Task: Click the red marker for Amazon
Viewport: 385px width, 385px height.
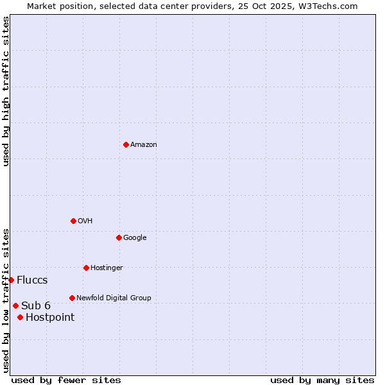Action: click(126, 144)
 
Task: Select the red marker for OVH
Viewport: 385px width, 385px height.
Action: click(73, 221)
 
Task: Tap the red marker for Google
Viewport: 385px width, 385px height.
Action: click(119, 237)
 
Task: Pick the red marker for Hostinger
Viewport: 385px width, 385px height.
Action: click(86, 268)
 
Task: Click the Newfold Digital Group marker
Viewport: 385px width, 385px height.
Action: click(72, 298)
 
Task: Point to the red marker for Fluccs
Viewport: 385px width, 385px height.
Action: click(11, 280)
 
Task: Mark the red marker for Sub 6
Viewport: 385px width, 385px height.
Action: click(15, 305)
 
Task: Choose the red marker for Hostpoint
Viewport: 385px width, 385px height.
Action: click(20, 317)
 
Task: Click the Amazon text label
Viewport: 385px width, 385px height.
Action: click(144, 144)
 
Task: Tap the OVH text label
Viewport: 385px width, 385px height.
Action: click(85, 221)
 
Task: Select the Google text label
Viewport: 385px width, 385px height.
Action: click(135, 237)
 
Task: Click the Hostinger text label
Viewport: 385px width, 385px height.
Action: click(107, 268)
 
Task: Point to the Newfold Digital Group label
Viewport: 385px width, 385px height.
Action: click(114, 298)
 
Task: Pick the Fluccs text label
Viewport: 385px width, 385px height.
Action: click(32, 280)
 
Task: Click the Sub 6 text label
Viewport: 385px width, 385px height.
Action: click(36, 305)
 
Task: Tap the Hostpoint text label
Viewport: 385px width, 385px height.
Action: click(50, 317)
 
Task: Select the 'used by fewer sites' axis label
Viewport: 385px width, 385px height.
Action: click(66, 380)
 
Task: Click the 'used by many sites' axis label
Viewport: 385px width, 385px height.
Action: click(322, 380)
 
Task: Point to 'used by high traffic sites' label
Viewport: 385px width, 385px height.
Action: click(6, 91)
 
